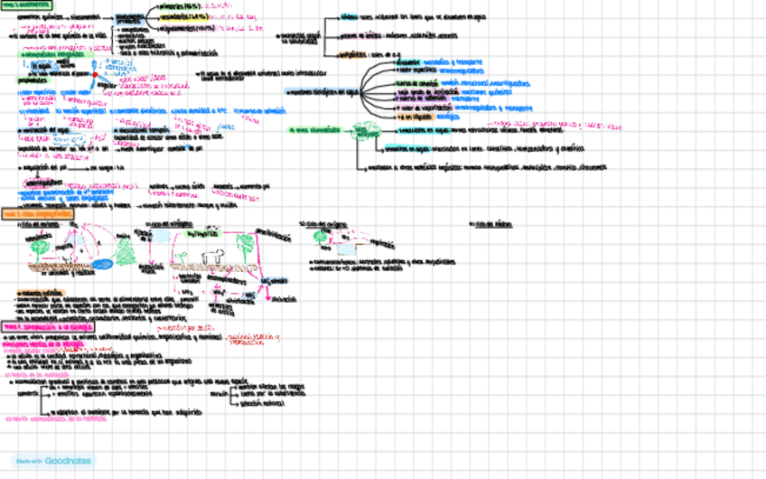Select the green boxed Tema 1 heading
(x=26, y=5)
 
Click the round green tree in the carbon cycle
(x=40, y=245)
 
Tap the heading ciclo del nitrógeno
(x=171, y=224)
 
